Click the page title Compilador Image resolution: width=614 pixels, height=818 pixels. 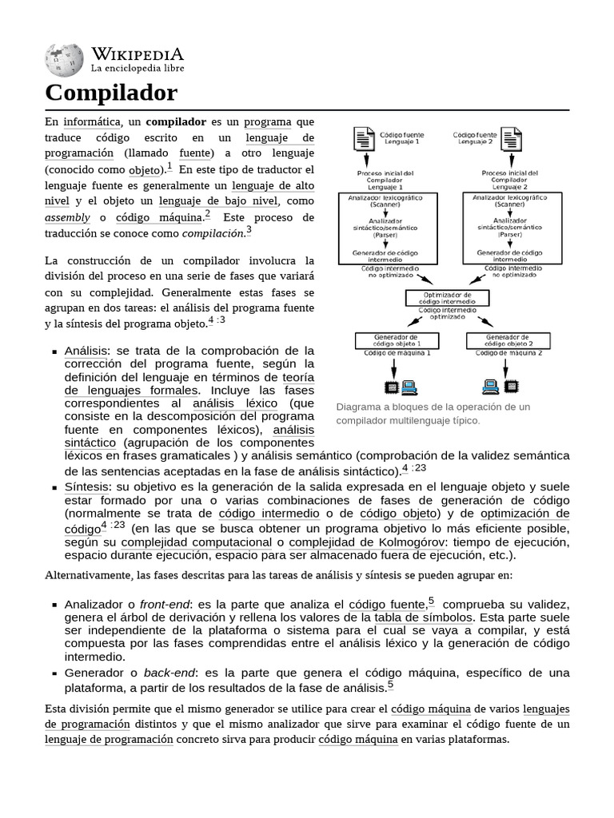tap(111, 93)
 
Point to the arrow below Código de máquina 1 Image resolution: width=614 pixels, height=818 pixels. tap(392, 367)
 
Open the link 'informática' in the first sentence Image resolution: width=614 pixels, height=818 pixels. tap(92, 122)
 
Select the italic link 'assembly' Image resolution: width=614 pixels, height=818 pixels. tap(67, 218)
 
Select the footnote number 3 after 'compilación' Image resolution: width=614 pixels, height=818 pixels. tap(249, 230)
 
